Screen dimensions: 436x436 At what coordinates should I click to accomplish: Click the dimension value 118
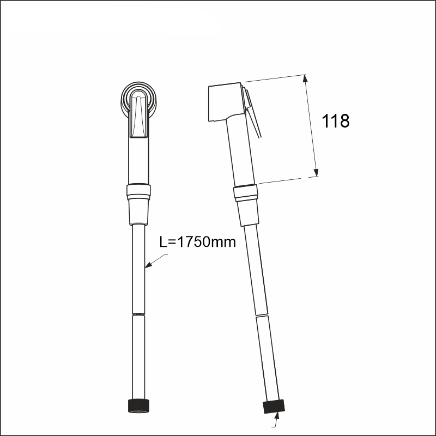pyautogui.click(x=335, y=121)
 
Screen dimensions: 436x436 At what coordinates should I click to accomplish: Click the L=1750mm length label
pyautogui.click(x=197, y=241)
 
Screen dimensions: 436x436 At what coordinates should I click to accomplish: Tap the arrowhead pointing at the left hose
pyautogui.click(x=149, y=265)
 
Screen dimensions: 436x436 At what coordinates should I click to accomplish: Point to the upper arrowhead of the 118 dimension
pyautogui.click(x=306, y=78)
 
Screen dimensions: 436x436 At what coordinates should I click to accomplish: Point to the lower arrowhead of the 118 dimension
pyautogui.click(x=316, y=172)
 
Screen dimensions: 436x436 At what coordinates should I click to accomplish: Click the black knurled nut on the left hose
pyautogui.click(x=138, y=405)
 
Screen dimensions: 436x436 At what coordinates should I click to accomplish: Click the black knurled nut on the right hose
pyautogui.click(x=274, y=407)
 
